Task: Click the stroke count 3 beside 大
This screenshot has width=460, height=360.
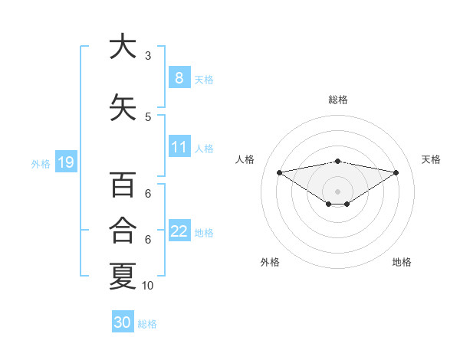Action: click(x=147, y=55)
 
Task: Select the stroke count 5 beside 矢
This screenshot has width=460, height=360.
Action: click(x=147, y=116)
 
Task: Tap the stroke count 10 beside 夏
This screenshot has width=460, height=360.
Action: click(x=148, y=286)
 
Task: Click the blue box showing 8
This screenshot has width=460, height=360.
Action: click(x=179, y=78)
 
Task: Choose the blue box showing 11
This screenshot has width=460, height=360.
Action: click(x=179, y=147)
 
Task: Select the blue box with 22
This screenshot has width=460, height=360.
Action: click(x=179, y=231)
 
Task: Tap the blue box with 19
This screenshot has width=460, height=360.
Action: click(x=65, y=162)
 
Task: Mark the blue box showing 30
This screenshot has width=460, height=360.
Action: click(x=122, y=322)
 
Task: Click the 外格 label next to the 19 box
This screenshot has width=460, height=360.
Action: click(x=41, y=163)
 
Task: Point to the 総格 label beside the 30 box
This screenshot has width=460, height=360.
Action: click(x=147, y=324)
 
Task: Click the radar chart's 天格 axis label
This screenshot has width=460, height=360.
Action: click(x=431, y=159)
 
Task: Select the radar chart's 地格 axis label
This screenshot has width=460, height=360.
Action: click(x=402, y=262)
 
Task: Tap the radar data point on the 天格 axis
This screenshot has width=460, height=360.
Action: click(x=396, y=172)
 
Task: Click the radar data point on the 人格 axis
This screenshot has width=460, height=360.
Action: click(x=279, y=172)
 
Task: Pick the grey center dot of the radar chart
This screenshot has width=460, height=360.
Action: click(x=337, y=191)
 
